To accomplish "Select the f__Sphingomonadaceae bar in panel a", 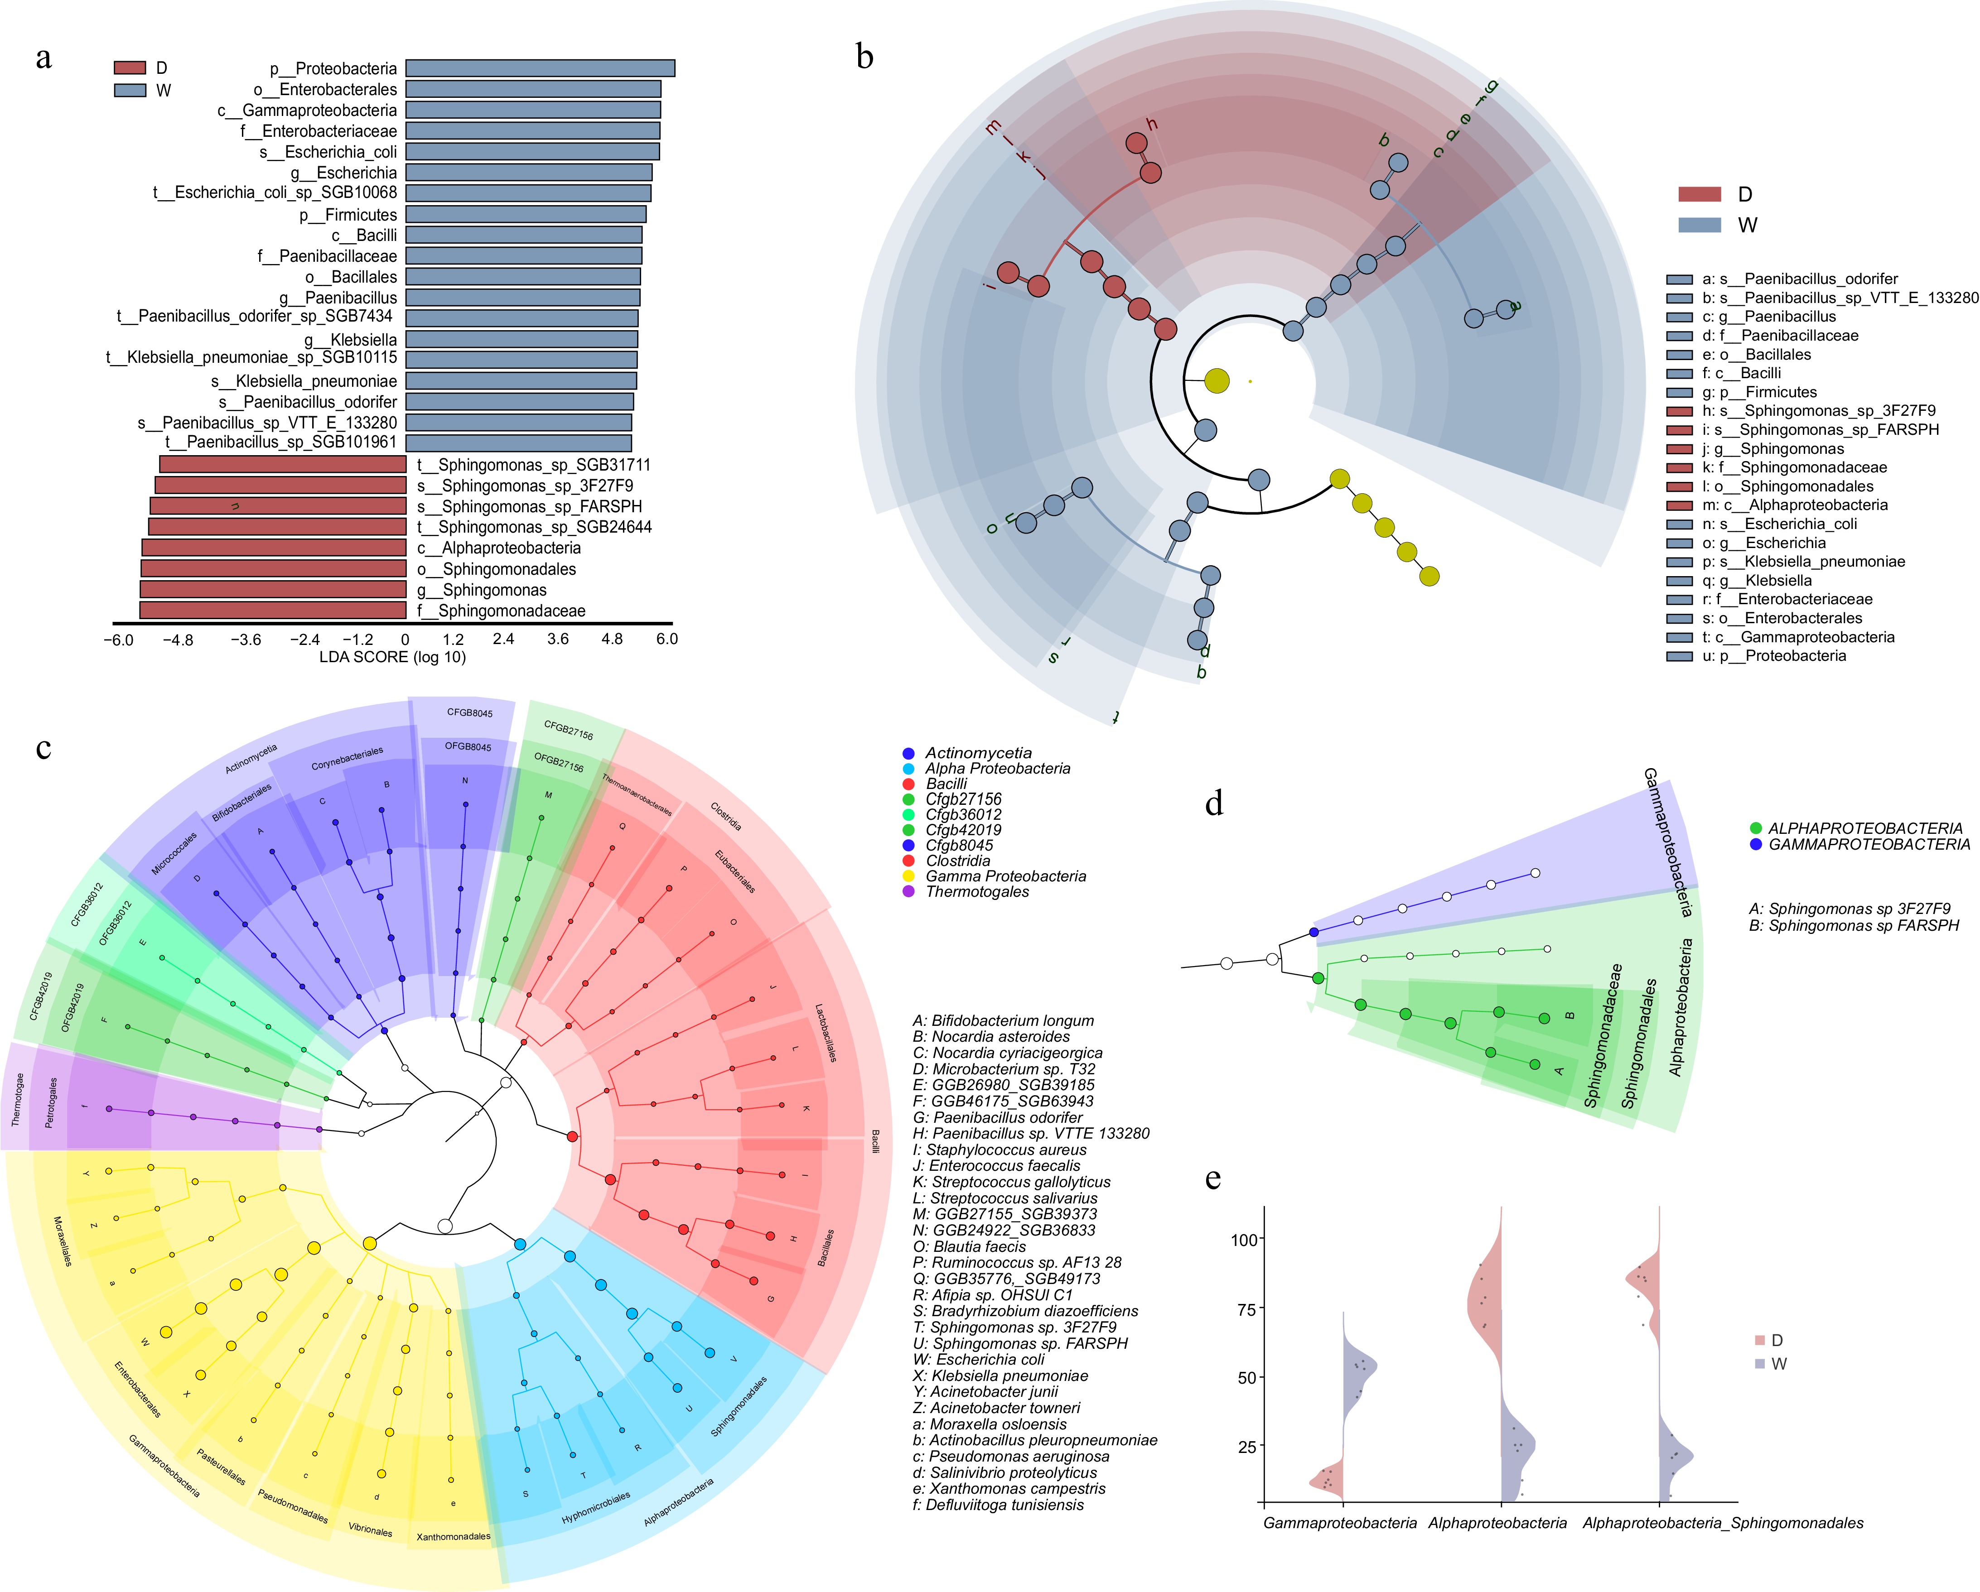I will tap(273, 611).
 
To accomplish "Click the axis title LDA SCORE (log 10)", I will tap(392, 657).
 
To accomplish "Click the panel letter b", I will tap(864, 57).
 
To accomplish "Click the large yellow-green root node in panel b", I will tap(1217, 380).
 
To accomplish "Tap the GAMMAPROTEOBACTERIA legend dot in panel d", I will tap(1756, 844).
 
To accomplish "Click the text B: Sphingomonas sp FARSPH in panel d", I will tap(1853, 925).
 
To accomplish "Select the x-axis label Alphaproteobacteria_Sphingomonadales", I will tap(1723, 1523).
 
